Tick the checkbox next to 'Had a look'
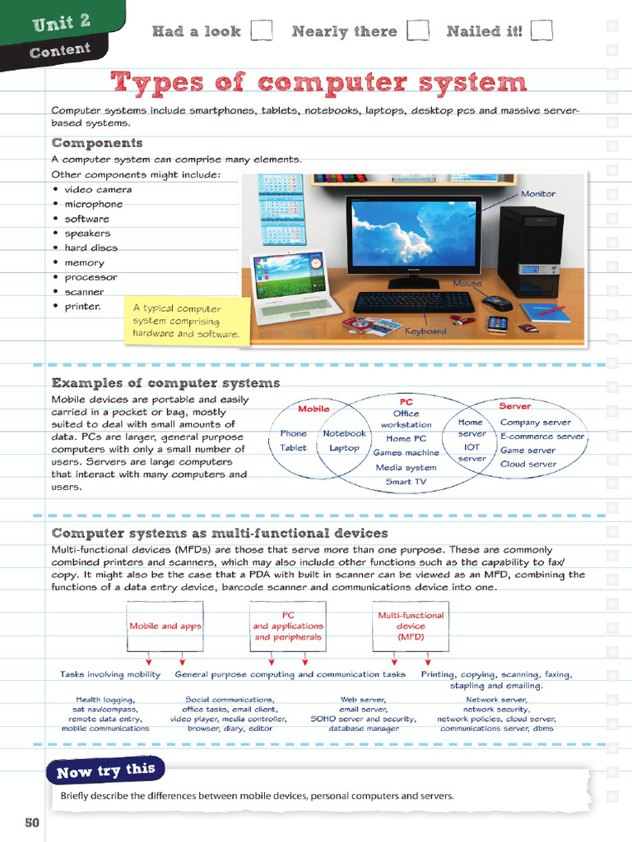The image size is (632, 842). (x=261, y=30)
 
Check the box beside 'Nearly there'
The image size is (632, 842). (x=418, y=30)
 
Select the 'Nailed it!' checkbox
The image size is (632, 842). (x=541, y=30)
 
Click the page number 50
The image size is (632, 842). (x=32, y=822)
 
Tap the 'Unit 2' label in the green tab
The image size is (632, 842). (x=62, y=22)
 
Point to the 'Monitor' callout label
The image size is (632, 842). (x=538, y=194)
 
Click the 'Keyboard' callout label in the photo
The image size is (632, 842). (x=425, y=331)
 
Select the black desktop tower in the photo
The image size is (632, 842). (x=531, y=252)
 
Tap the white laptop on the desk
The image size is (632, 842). (x=292, y=287)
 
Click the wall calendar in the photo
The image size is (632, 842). (x=281, y=209)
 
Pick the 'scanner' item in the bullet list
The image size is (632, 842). (x=84, y=292)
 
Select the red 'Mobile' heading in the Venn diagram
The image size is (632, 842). (x=314, y=409)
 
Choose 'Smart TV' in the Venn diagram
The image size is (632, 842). (x=406, y=482)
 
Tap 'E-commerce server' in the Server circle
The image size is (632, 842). (x=542, y=437)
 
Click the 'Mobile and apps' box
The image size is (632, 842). (x=165, y=626)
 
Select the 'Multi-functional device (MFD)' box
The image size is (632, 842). (x=411, y=626)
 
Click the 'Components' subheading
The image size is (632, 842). (x=97, y=143)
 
